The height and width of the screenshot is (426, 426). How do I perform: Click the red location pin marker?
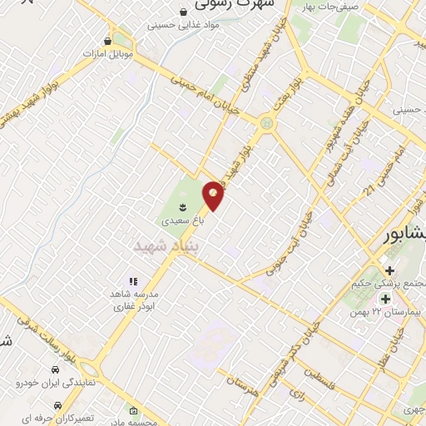click(x=214, y=195)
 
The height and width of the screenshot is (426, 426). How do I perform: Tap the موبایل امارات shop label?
click(x=108, y=54)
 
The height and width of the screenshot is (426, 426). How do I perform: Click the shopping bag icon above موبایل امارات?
click(x=107, y=40)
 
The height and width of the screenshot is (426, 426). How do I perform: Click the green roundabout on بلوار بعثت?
click(x=266, y=124)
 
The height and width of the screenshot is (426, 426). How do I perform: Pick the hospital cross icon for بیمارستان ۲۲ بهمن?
click(x=385, y=298)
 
